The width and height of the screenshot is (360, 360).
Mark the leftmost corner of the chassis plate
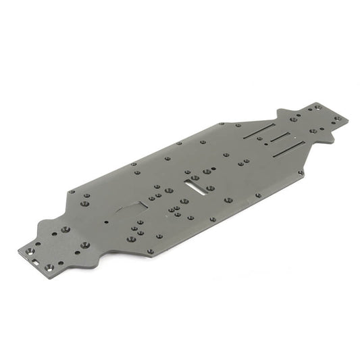pyautogui.click(x=18, y=251)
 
